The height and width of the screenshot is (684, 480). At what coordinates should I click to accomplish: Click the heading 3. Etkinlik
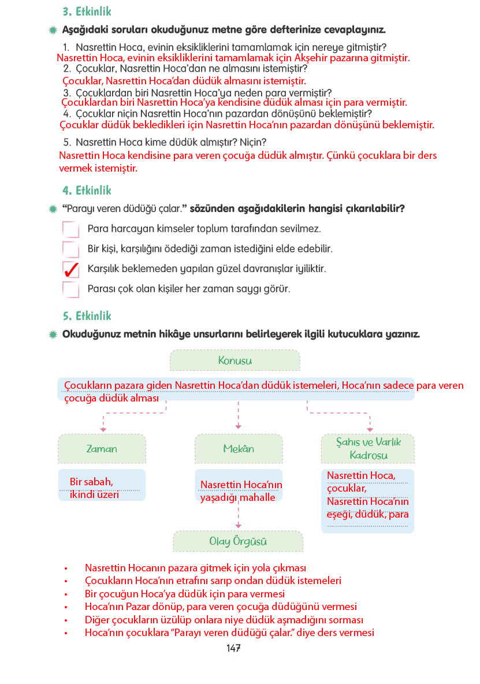[87, 12]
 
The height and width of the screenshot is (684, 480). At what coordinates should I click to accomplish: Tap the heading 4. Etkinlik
[87, 190]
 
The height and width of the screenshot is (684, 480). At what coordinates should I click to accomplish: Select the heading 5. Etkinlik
[87, 316]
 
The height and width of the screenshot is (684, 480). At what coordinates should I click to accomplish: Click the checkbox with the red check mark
[70, 270]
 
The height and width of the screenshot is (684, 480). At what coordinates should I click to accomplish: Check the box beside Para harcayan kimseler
[70, 229]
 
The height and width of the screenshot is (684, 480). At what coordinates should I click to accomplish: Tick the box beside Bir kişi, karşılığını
[70, 249]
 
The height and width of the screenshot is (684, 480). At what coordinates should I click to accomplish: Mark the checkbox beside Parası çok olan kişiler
[70, 288]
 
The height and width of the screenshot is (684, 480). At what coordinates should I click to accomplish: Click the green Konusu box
[235, 360]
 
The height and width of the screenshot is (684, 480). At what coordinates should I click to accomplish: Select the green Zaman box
[102, 449]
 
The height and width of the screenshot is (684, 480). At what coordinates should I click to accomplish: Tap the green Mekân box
[239, 449]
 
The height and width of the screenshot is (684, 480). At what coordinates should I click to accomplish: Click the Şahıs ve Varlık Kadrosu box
[368, 449]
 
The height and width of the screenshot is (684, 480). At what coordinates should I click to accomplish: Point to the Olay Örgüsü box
[238, 541]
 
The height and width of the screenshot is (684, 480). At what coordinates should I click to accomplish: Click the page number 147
[233, 648]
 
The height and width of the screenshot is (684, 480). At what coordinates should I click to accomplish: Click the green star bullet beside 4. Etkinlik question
[53, 209]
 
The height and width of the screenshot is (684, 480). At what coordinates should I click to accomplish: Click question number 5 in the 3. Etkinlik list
[66, 142]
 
